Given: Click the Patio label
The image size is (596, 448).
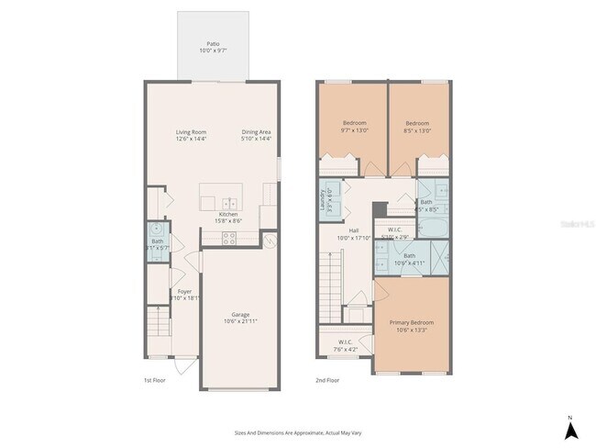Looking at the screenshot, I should pos(212,43).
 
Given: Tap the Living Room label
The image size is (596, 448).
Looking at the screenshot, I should pos(191,132).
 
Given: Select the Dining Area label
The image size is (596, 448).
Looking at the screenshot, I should pos(256,132).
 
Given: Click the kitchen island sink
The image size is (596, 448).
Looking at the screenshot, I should pos(228,203).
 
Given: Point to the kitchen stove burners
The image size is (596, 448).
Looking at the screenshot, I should pos(228,238).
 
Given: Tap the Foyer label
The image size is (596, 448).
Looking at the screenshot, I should pos(184,292).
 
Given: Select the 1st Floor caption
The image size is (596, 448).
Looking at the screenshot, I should pos(153,379).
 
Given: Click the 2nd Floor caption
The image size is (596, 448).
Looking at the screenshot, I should pos(328,379).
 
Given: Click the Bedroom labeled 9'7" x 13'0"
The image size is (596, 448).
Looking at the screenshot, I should pos(355,123).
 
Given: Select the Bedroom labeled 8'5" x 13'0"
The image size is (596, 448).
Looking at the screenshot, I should pos(418,123).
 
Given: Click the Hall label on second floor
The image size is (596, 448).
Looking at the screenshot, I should pos(353,231).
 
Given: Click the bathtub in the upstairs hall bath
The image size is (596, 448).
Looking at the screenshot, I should pos(427,223).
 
